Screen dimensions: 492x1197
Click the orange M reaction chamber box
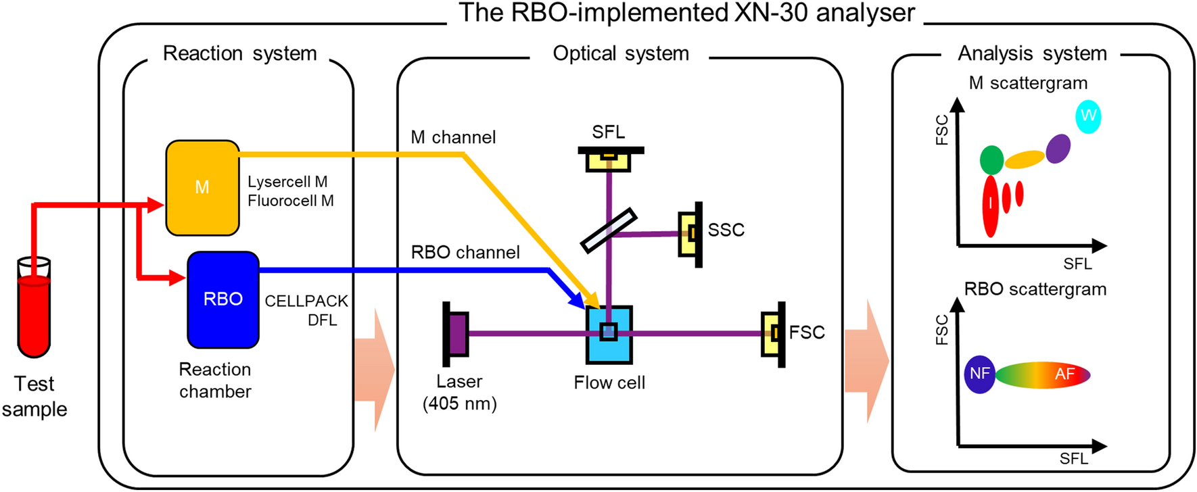click(202, 187)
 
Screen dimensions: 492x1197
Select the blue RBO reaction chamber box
click(223, 299)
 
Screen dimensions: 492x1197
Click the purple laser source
click(457, 333)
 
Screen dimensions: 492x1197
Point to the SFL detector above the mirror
click(609, 160)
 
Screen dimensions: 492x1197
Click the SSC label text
click(726, 230)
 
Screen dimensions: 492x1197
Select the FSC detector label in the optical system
click(807, 333)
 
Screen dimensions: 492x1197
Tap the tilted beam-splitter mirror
click(609, 230)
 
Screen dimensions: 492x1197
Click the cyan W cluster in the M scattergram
click(1088, 116)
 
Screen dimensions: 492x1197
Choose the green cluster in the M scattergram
click(991, 160)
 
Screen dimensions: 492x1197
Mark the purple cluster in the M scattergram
click(1058, 149)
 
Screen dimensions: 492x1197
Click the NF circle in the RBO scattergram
click(979, 374)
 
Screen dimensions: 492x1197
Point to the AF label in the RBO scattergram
click(1064, 374)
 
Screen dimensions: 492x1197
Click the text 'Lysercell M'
click(287, 182)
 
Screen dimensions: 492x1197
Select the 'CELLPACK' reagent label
click(306, 301)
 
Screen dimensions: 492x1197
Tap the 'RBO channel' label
click(465, 253)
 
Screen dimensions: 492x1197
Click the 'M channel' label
click(453, 137)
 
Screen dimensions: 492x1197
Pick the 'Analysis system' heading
click(1032, 53)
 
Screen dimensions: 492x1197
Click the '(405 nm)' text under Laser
click(460, 404)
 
